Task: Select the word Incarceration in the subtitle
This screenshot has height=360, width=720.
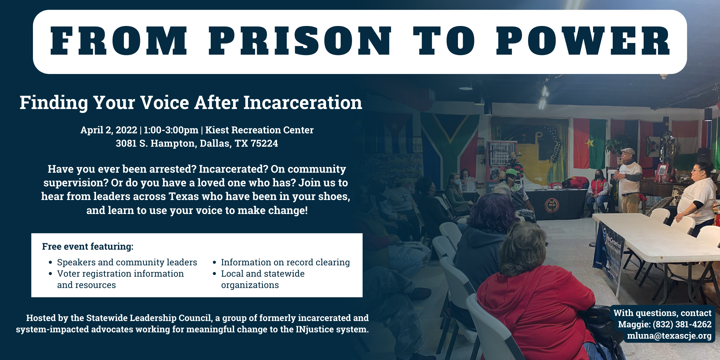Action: (303, 102)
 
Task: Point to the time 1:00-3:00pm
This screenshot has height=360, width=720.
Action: (171, 130)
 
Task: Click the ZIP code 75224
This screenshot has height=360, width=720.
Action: (264, 143)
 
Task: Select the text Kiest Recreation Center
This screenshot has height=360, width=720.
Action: (259, 130)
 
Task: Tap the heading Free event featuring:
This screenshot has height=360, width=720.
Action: (88, 246)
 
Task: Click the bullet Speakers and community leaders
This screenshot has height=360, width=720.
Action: (127, 262)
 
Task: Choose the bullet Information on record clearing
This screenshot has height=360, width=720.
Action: (285, 262)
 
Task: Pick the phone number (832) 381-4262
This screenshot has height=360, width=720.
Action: (682, 324)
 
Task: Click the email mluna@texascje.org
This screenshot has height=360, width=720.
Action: (669, 336)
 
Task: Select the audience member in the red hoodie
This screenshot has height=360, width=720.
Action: (533, 300)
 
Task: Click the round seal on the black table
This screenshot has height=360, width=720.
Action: (552, 205)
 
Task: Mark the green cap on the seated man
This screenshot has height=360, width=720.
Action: (511, 172)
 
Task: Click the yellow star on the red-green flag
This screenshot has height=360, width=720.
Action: (589, 143)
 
